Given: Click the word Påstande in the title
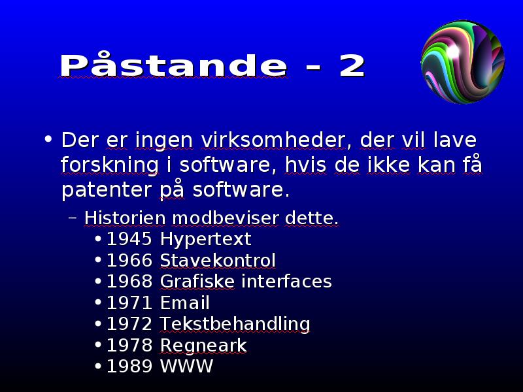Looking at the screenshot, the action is pyautogui.click(x=173, y=64).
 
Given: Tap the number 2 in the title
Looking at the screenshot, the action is pyautogui.click(x=352, y=66).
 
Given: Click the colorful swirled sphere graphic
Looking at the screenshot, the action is pyautogui.click(x=463, y=62).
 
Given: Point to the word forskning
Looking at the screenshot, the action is pyautogui.click(x=110, y=165).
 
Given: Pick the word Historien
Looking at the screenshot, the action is pyautogui.click(x=125, y=218).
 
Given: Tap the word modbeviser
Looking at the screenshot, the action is pyautogui.click(x=226, y=218).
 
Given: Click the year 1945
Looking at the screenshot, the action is pyautogui.click(x=129, y=239).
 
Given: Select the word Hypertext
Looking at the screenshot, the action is pyautogui.click(x=205, y=240).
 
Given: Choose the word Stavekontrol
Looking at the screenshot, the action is pyautogui.click(x=218, y=260).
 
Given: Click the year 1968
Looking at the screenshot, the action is pyautogui.click(x=129, y=282).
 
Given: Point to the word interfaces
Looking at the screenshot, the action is pyautogui.click(x=286, y=282).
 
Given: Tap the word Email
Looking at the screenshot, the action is pyautogui.click(x=185, y=302).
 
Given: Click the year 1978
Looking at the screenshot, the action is pyautogui.click(x=129, y=345).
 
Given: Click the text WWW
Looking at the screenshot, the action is pyautogui.click(x=186, y=367).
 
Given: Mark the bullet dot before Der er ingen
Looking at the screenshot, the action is pyautogui.click(x=48, y=139).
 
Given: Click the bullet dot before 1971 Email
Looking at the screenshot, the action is pyautogui.click(x=98, y=302).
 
